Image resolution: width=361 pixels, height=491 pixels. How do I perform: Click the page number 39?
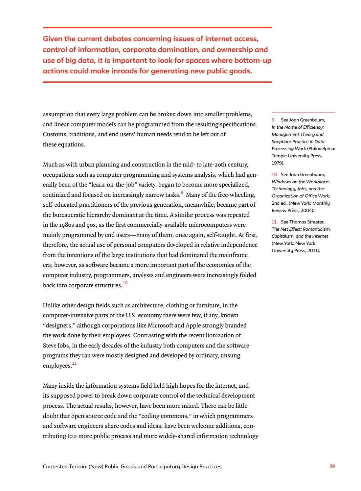coord(332,466)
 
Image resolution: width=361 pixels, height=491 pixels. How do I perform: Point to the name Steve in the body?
coord(50,346)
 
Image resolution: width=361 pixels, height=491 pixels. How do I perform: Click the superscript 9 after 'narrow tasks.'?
coord(182,193)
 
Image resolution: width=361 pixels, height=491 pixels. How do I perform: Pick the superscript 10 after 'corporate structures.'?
coord(125,283)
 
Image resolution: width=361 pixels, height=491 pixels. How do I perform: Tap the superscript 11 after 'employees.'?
coord(74,363)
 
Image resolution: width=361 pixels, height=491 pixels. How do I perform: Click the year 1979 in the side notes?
coord(277,163)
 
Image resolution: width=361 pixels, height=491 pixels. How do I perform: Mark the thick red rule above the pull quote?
coord(157,28)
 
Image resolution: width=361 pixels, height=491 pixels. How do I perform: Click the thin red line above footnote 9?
coord(303,113)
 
